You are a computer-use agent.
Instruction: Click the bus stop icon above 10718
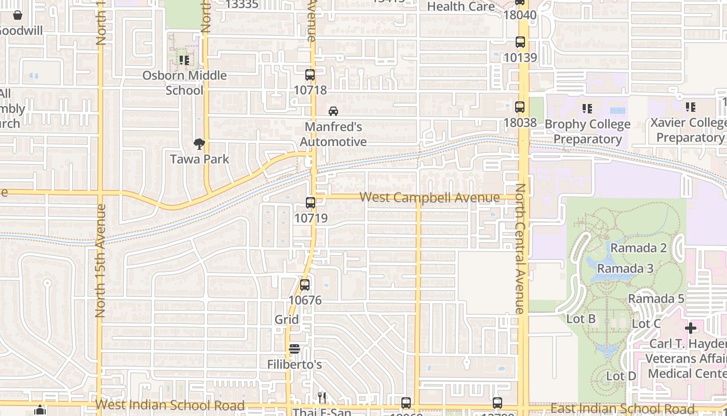tap(310, 75)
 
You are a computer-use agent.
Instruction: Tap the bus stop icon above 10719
tap(311, 203)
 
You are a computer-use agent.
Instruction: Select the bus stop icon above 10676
tap(305, 285)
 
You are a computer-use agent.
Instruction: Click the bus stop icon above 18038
tap(520, 107)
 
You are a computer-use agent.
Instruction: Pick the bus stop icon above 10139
tap(520, 42)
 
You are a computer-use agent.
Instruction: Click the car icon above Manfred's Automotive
tap(333, 111)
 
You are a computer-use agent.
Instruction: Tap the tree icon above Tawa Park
tap(199, 144)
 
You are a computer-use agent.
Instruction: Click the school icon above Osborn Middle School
tap(184, 60)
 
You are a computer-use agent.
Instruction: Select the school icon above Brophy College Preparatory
tap(587, 109)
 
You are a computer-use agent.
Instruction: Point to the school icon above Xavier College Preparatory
tap(690, 107)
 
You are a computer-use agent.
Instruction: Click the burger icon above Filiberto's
tap(294, 349)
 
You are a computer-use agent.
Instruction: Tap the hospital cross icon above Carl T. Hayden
tap(690, 328)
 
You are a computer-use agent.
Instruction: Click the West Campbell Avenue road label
tap(429, 198)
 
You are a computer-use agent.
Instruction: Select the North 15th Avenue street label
tap(101, 260)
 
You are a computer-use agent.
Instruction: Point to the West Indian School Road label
tap(170, 405)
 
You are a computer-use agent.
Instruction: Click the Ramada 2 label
tap(638, 248)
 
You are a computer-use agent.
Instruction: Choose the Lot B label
tap(581, 319)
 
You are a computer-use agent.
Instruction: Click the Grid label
tap(287, 319)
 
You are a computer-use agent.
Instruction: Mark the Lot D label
tap(621, 376)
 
